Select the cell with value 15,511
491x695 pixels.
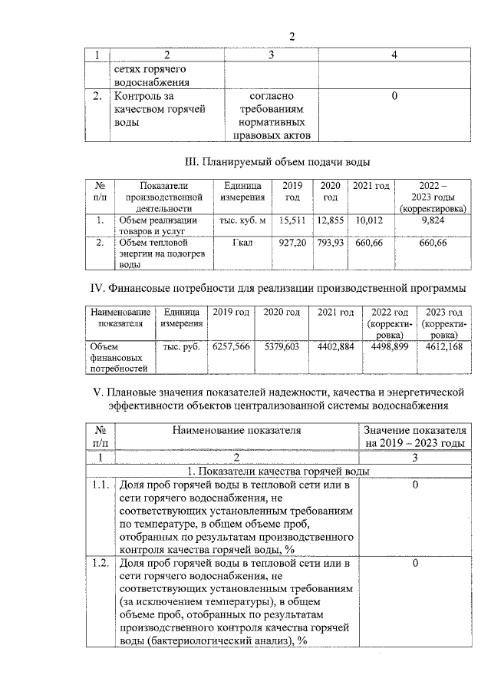(292, 221)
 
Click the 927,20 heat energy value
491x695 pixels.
(292, 243)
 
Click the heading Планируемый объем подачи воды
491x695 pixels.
(278, 163)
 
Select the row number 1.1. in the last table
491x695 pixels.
(98, 486)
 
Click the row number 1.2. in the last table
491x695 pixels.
(98, 564)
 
